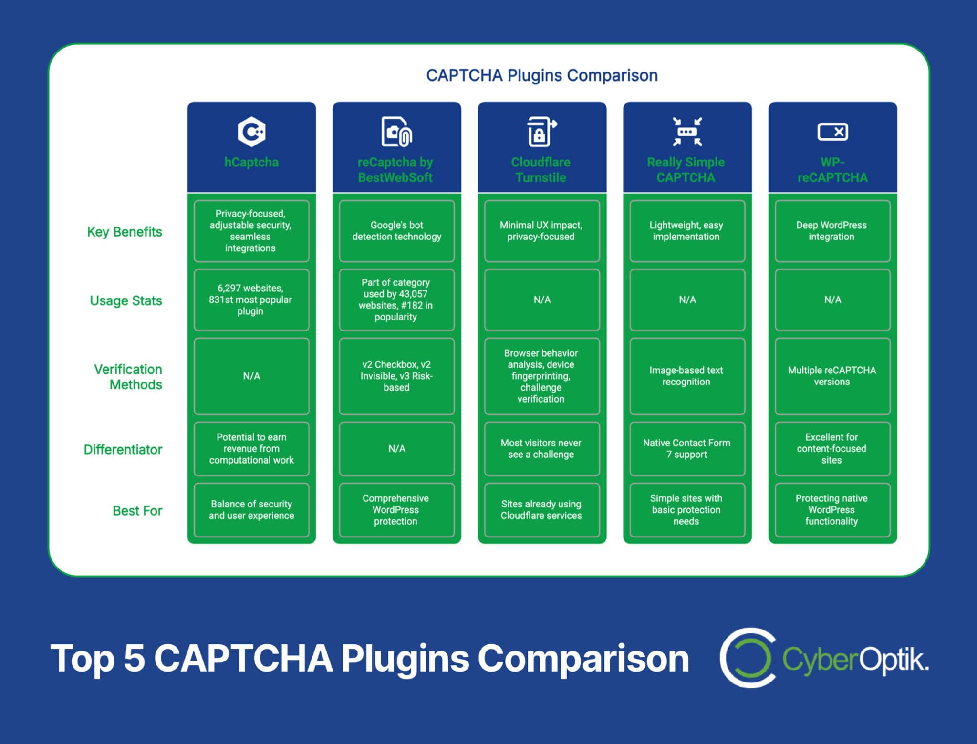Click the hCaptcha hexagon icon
coord(251,131)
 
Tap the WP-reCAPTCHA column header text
coord(832,170)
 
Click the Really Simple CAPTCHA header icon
coord(687,131)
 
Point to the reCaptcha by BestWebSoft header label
coord(395,170)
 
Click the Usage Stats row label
coord(126,300)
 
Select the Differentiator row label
coord(123,449)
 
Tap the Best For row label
coord(137,510)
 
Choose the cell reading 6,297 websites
coord(251,300)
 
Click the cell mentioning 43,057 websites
coord(396,300)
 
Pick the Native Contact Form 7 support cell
coord(687,448)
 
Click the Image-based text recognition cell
coord(687,376)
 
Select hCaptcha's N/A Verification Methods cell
coord(251,376)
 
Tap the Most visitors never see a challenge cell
coord(541,448)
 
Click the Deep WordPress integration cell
coord(832,231)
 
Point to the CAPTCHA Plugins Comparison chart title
coord(541,75)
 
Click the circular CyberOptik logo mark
coord(747,658)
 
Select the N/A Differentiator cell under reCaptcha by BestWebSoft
coord(396,448)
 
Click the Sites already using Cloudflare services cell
coord(541,509)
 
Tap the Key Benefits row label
coord(125,232)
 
